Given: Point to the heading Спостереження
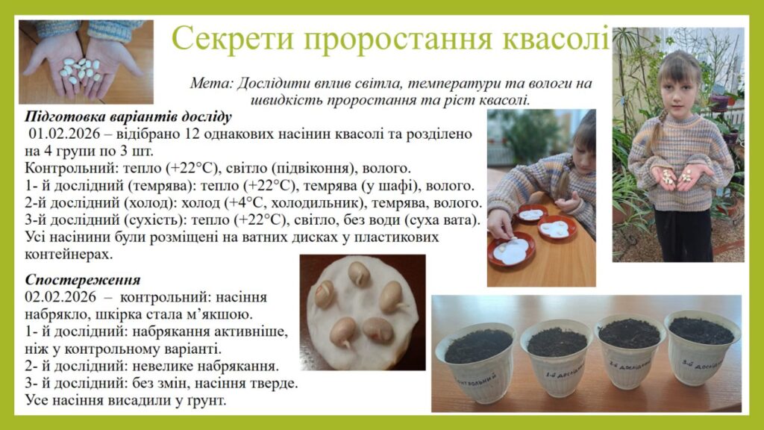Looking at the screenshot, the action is pos(83,280).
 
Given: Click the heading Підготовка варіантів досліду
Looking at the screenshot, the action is pos(128,117).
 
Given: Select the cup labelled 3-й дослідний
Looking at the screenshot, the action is pos(702,348).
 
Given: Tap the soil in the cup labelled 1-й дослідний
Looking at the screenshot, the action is pos(557,342).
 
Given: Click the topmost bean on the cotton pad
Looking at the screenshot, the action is pos(359,274).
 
